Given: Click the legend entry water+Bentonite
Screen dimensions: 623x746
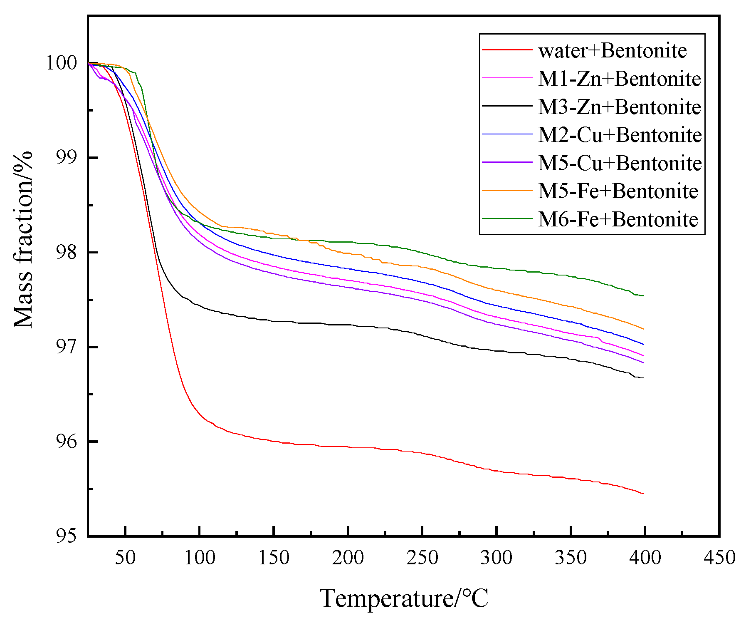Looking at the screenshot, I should (612, 51).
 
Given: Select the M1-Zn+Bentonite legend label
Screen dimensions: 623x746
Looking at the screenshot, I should (619, 79).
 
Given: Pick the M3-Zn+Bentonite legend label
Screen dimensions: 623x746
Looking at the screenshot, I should (619, 107).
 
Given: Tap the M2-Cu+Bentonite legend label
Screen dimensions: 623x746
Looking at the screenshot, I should (620, 135).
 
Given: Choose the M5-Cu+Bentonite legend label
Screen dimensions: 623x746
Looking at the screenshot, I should (620, 163).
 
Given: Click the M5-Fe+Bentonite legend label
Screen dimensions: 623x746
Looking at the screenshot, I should (618, 191).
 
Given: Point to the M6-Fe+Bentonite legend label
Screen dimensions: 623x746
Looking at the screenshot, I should (618, 219).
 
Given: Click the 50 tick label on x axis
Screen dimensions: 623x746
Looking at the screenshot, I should (125, 558).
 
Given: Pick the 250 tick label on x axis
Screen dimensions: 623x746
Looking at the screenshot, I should (422, 558).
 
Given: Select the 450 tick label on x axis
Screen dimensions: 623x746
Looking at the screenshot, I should (719, 558).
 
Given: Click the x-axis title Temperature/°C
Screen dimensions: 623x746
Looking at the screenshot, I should (403, 598).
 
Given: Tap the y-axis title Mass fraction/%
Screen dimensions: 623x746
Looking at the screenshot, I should (23, 240).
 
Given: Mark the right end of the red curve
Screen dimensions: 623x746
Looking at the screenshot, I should (644, 494).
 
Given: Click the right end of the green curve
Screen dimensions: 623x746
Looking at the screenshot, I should (644, 296).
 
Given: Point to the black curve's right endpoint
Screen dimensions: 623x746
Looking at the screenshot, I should (644, 378).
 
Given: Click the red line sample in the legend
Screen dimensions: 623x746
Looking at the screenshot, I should (507, 50).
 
